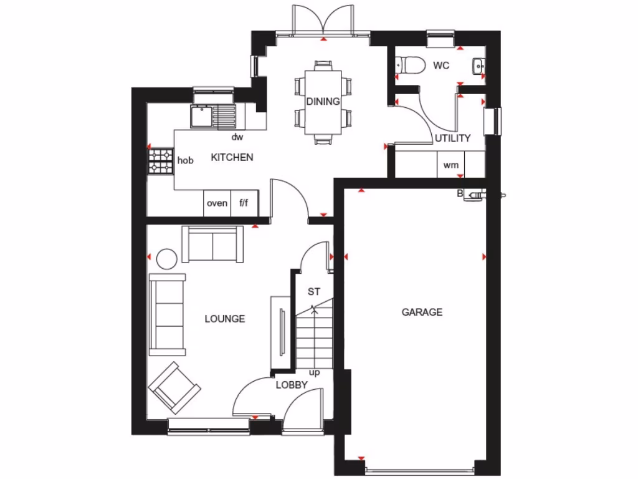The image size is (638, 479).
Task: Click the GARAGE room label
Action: pyautogui.click(x=422, y=312)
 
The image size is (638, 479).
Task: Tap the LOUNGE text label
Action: pyautogui.click(x=225, y=319)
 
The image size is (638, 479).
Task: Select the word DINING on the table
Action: pyautogui.click(x=323, y=102)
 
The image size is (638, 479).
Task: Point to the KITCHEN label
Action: pyautogui.click(x=232, y=157)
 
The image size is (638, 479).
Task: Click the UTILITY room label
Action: pyautogui.click(x=453, y=138)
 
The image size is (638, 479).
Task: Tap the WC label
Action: pyautogui.click(x=441, y=65)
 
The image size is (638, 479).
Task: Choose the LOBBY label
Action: pyautogui.click(x=292, y=385)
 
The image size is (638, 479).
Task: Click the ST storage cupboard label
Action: pyautogui.click(x=314, y=291)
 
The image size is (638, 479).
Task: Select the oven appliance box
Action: pyautogui.click(x=217, y=203)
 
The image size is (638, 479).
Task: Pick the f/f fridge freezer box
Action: pyautogui.click(x=244, y=203)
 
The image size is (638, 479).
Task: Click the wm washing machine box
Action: pyautogui.click(x=450, y=165)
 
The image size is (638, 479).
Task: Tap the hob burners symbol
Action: pyautogui.click(x=161, y=160)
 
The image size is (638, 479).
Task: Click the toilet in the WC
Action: pyautogui.click(x=410, y=64)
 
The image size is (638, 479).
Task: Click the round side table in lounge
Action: pyautogui.click(x=167, y=258)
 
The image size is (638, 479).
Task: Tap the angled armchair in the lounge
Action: pyautogui.click(x=174, y=387)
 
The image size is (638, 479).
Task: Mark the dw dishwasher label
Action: pyautogui.click(x=237, y=137)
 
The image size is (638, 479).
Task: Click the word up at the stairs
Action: pyautogui.click(x=315, y=372)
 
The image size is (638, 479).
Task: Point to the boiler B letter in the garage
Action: pyautogui.click(x=460, y=193)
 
